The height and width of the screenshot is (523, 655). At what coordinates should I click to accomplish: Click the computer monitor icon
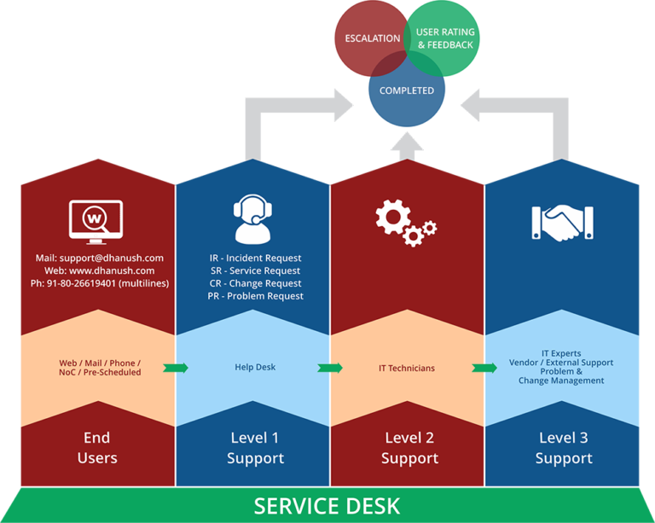click(96, 222)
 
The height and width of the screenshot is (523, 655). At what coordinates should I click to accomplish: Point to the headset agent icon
click(252, 219)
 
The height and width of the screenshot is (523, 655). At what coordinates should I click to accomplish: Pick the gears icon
click(406, 223)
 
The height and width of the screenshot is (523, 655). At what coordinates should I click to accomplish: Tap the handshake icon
click(562, 223)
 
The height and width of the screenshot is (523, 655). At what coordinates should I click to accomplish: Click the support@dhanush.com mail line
click(100, 259)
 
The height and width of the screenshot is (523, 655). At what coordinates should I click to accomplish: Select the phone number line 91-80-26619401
click(100, 283)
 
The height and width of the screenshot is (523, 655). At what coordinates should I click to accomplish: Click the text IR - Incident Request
click(255, 259)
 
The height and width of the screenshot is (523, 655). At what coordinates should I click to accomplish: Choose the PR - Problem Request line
click(255, 296)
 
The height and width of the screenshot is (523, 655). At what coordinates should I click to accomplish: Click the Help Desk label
click(255, 367)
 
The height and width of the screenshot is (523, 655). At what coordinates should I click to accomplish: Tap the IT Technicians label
click(407, 368)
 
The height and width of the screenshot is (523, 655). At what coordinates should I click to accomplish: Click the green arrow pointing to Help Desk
click(176, 368)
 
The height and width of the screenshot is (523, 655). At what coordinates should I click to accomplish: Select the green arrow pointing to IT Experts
click(484, 368)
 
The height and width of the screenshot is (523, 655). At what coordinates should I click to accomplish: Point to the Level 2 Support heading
click(409, 448)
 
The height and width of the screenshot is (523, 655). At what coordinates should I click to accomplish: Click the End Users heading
click(97, 448)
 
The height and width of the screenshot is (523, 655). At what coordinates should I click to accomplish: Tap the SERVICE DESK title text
click(327, 506)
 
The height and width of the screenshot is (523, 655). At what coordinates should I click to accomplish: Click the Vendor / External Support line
click(561, 363)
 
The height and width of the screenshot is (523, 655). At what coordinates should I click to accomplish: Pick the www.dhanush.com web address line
click(100, 270)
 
